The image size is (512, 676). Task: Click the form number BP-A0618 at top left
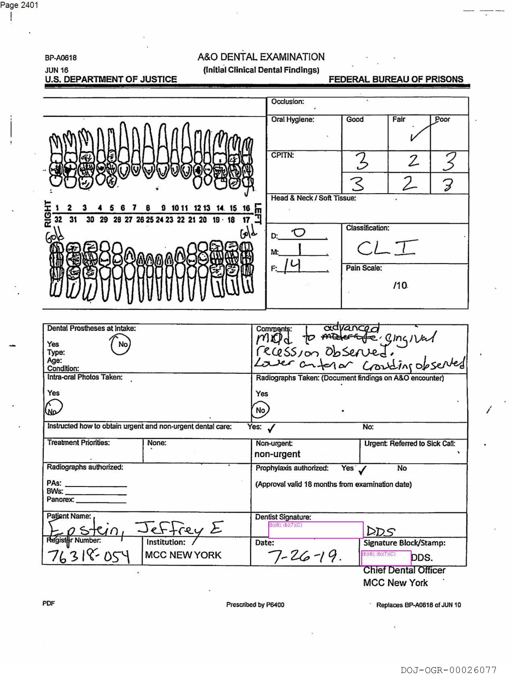[61, 58]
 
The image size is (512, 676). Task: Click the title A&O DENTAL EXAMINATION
[261, 57]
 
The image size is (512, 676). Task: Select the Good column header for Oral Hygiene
[355, 119]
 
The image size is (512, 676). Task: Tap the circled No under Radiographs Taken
[260, 410]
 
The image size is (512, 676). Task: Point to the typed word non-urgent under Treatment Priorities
[277, 454]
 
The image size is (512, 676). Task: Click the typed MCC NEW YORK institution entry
[183, 555]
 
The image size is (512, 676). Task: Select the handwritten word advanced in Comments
[351, 328]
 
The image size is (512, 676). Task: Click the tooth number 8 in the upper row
[148, 208]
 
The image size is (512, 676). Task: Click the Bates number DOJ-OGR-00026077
[448, 670]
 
